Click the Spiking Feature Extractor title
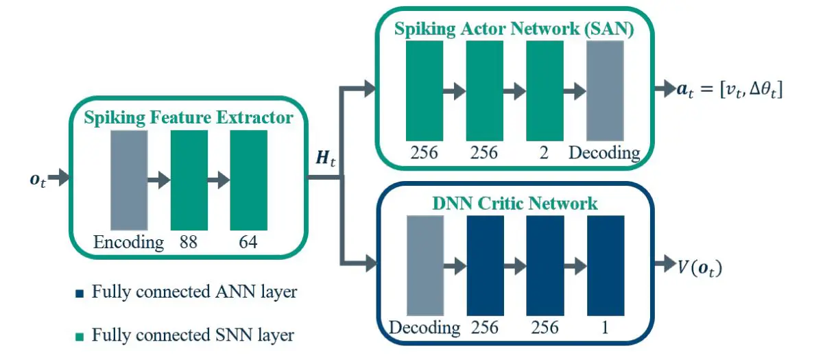(189, 117)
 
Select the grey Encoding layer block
(129, 180)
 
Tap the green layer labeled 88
(189, 180)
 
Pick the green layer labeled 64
(248, 180)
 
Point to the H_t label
(325, 159)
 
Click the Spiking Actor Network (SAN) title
(514, 29)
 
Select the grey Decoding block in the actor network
(605, 91)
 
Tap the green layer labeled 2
(545, 91)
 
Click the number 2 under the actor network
(545, 152)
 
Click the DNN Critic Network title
(514, 203)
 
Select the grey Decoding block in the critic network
(425, 265)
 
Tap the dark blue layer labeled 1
(606, 265)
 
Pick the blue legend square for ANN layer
(80, 293)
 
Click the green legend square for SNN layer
(80, 337)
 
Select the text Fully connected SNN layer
(193, 335)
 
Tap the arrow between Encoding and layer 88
(158, 180)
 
